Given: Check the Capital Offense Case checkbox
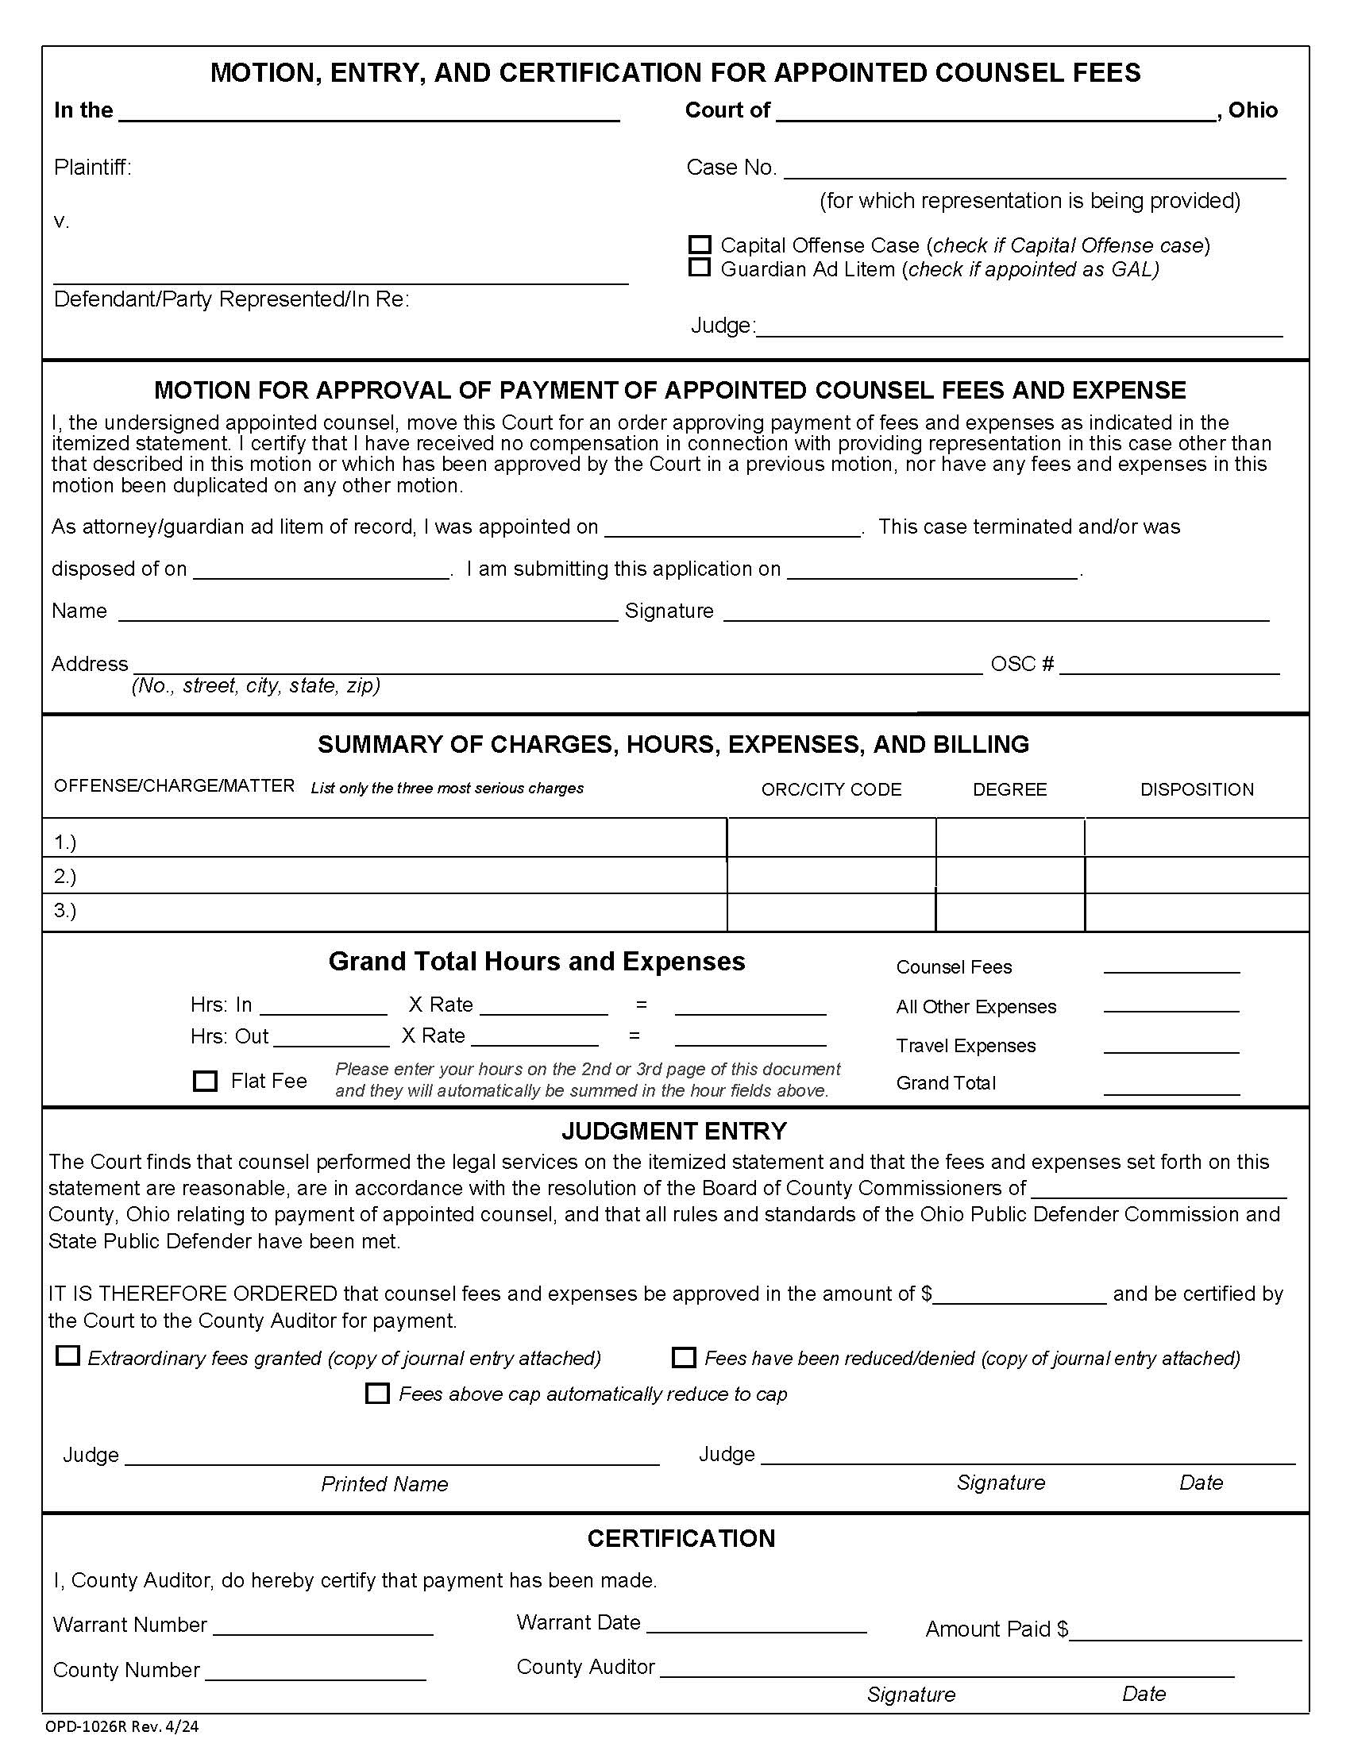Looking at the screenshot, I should point(699,245).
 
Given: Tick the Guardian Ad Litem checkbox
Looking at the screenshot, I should point(699,268).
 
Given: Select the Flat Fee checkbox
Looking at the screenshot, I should point(206,1082).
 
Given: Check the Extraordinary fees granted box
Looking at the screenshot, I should point(68,1356).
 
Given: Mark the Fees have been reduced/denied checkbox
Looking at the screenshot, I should point(684,1357).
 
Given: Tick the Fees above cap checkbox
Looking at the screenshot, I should point(376,1394).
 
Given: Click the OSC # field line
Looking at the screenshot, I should point(1168,666).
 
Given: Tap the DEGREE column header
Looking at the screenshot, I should point(1009,789).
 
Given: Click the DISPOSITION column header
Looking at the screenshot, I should point(1197,789).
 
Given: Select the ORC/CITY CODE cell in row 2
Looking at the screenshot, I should point(831,875).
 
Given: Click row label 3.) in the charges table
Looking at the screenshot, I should point(65,910).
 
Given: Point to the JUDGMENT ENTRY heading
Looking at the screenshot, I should point(674,1131).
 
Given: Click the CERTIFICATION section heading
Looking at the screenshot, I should point(681,1538).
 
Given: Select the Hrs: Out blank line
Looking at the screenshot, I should point(331,1039).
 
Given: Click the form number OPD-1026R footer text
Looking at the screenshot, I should point(121,1726).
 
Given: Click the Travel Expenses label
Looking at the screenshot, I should point(966,1046).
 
